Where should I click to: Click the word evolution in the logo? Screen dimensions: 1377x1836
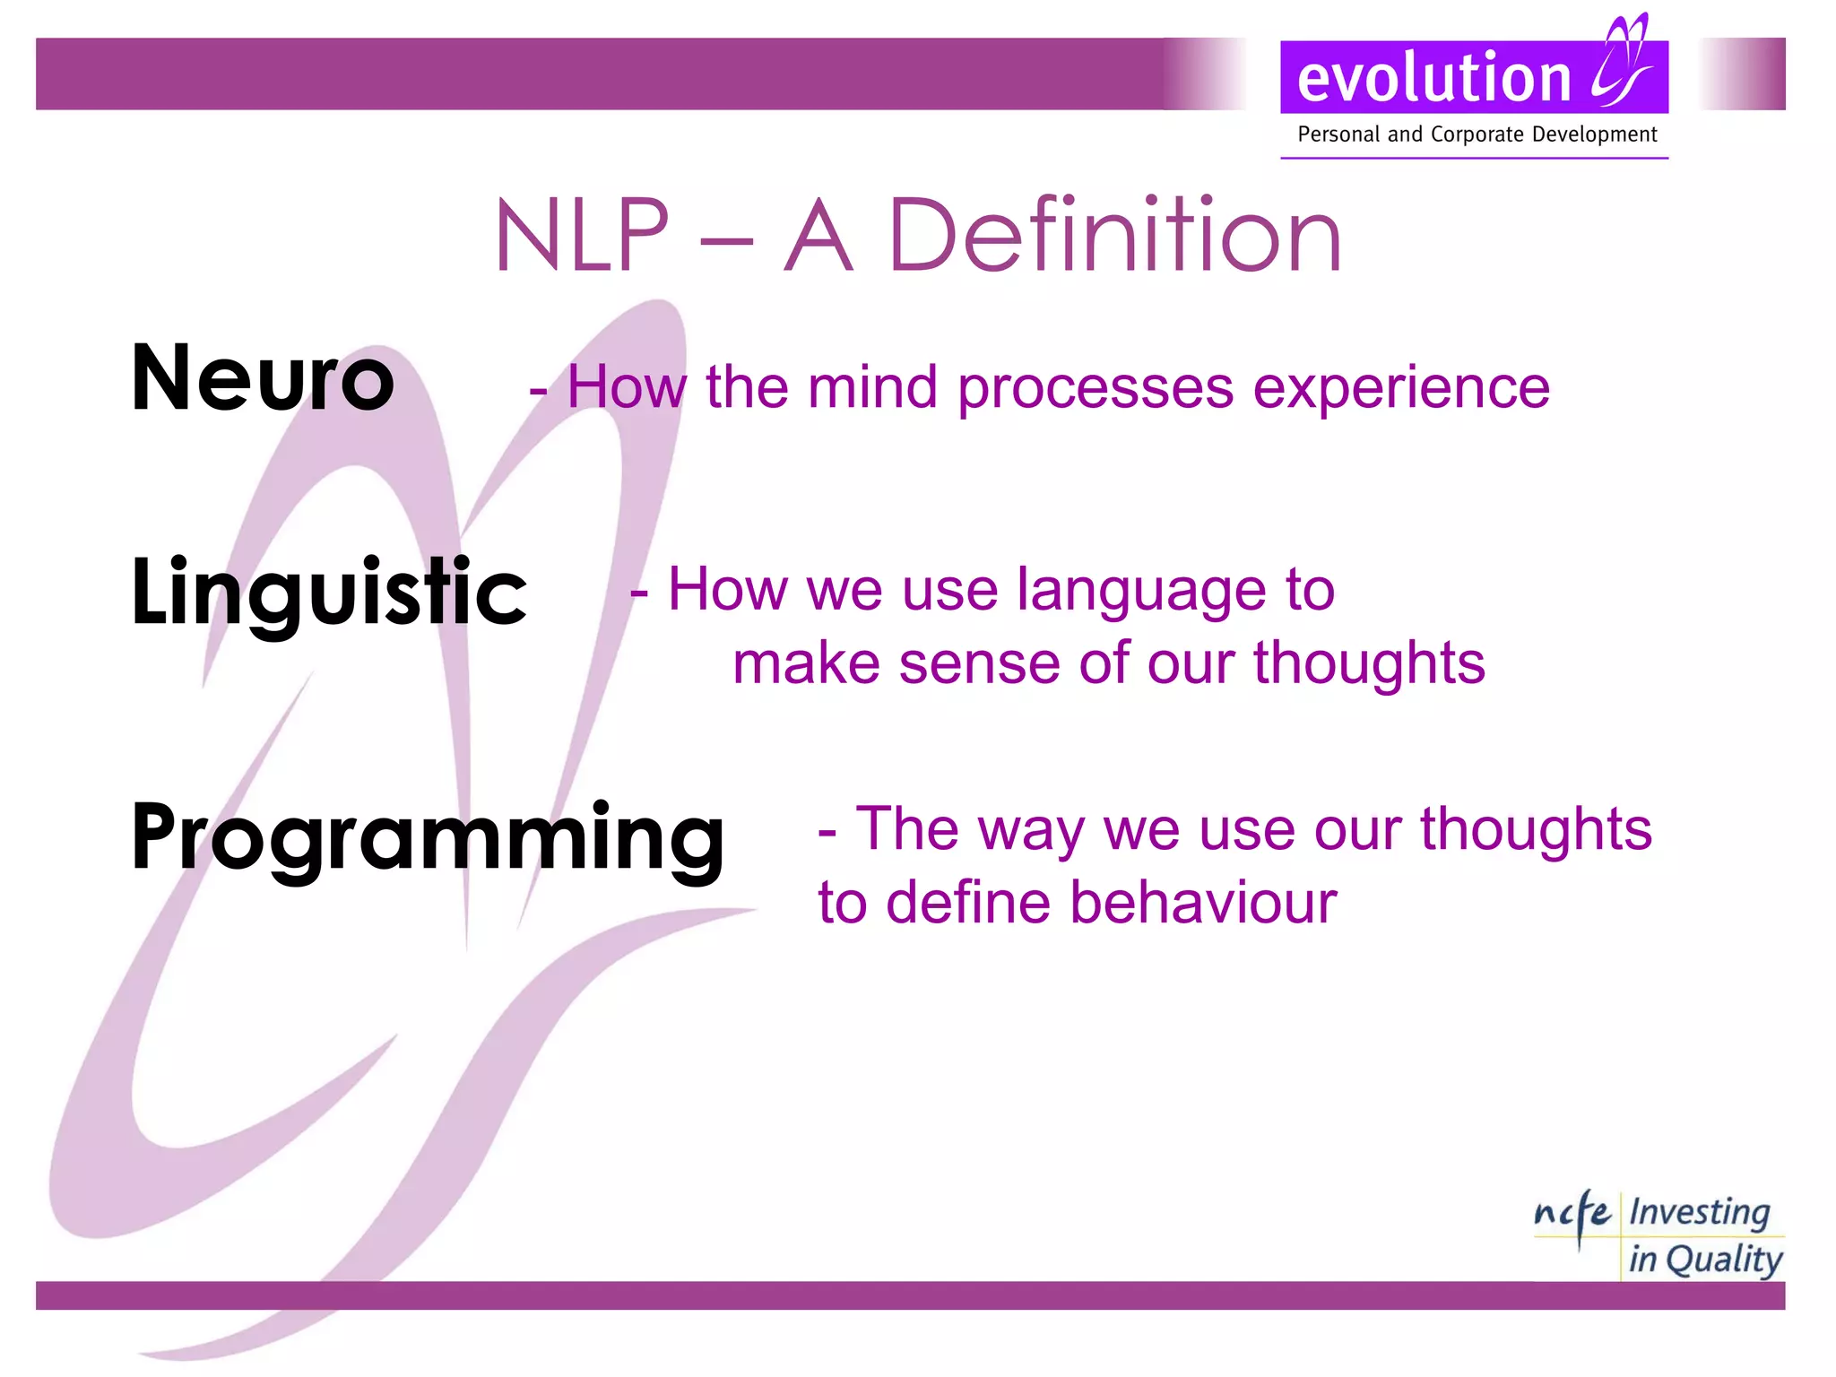click(1433, 79)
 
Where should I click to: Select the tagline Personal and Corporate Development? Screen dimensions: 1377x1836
click(1477, 134)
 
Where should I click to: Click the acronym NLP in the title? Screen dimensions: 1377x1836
click(582, 236)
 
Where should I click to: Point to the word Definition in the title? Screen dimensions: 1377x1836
click(1114, 236)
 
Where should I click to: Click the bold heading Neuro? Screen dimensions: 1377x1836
click(263, 379)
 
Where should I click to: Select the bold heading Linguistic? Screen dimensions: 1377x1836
click(329, 593)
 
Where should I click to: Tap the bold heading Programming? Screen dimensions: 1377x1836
click(428, 837)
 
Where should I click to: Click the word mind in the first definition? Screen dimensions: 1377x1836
click(871, 387)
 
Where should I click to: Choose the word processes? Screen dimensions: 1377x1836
click(1096, 389)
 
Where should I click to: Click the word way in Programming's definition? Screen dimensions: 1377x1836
click(1031, 830)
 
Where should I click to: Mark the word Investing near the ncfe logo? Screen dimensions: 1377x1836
click(1699, 1212)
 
